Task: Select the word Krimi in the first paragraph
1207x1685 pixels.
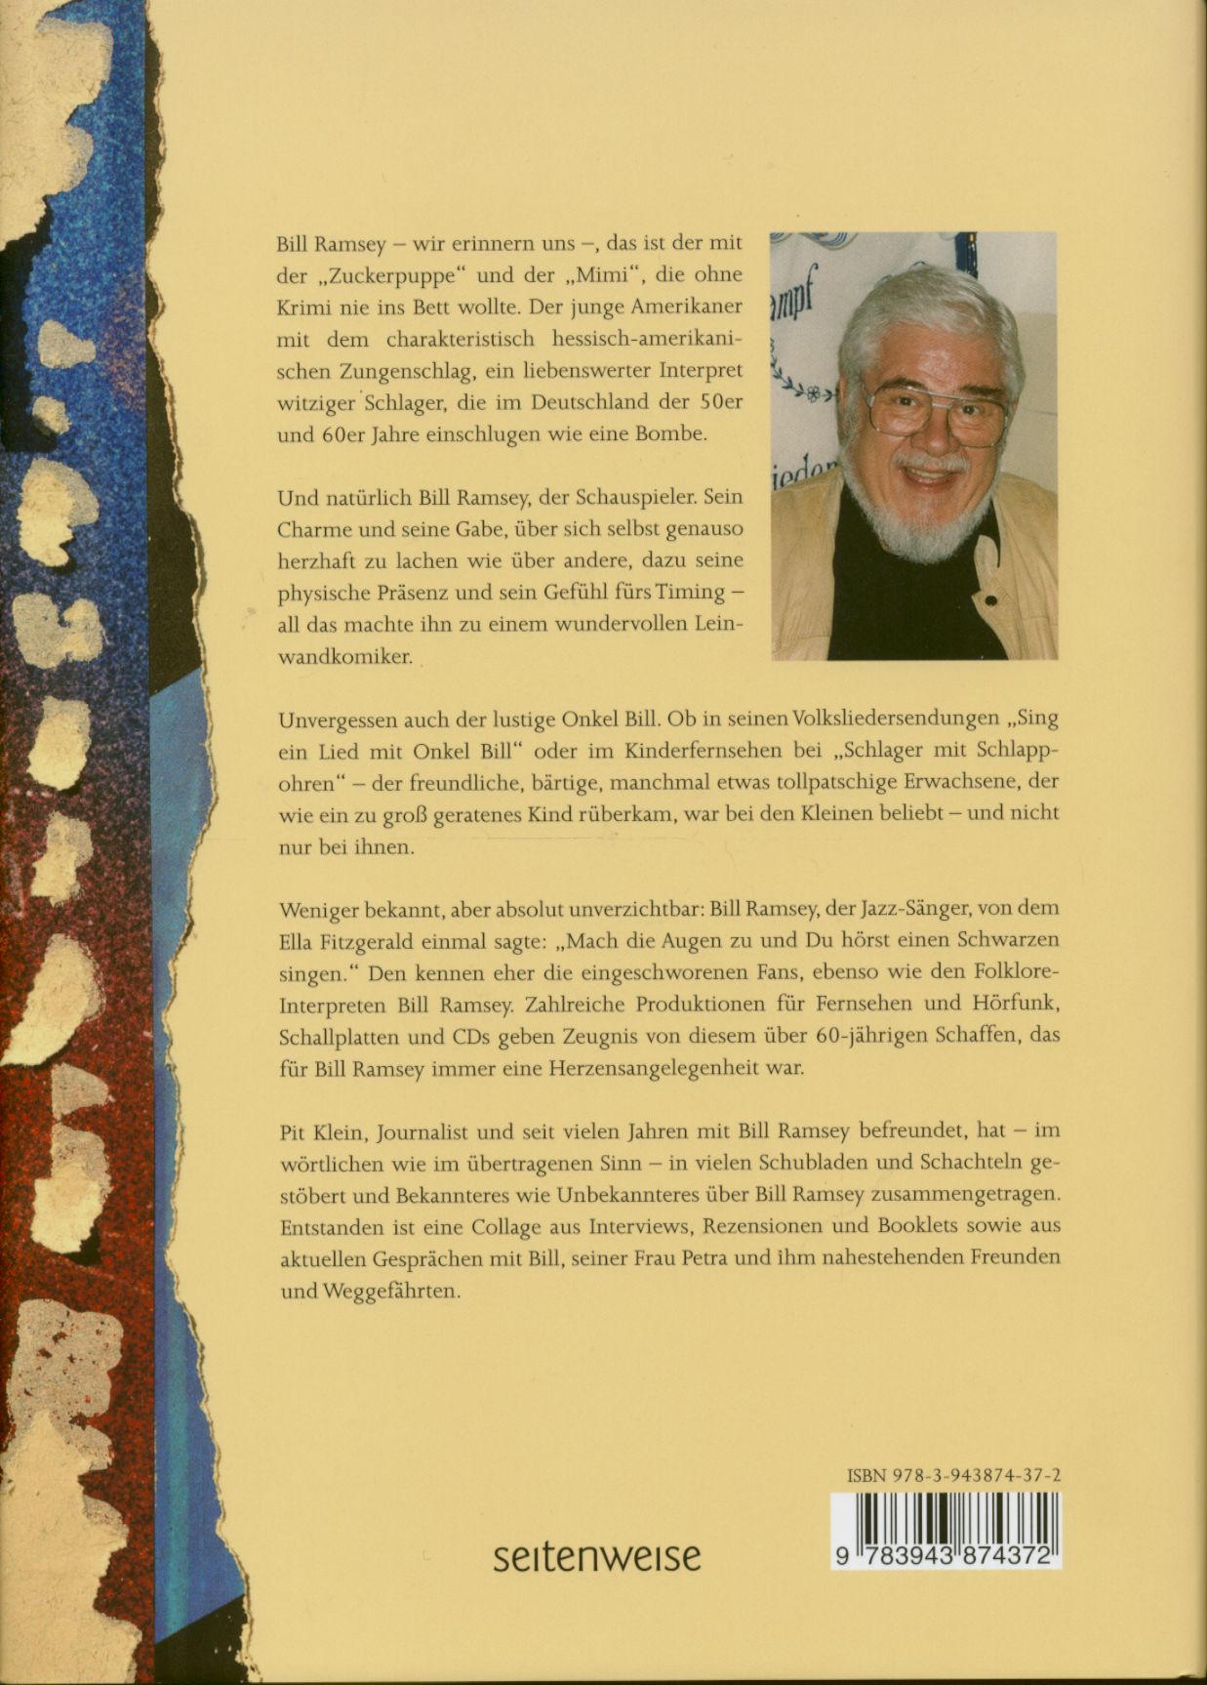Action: (303, 307)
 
